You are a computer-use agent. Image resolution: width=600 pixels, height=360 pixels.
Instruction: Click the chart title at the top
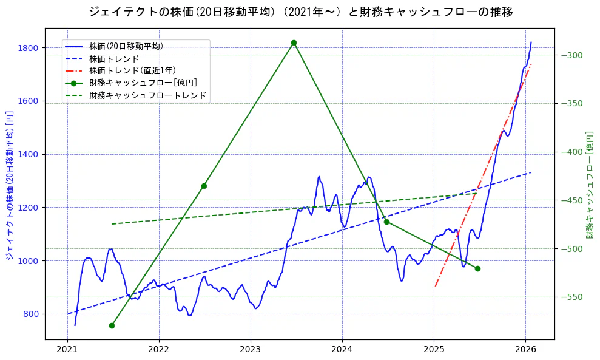click(300, 12)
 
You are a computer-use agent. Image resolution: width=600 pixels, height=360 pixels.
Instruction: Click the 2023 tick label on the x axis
click(251, 350)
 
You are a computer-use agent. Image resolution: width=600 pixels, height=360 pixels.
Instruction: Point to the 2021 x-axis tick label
click(67, 350)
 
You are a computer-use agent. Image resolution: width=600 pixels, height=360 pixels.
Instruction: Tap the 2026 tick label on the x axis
click(525, 350)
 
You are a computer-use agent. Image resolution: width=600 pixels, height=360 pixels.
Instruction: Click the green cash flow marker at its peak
click(294, 42)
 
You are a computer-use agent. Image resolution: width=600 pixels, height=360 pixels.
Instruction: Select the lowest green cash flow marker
click(112, 325)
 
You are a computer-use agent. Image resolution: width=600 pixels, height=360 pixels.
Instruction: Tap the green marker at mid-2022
click(204, 186)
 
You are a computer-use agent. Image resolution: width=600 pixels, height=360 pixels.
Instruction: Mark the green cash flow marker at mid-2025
click(477, 268)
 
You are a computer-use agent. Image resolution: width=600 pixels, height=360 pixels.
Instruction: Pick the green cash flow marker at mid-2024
click(386, 222)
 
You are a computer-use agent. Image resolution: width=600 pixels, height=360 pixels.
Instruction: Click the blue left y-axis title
click(10, 185)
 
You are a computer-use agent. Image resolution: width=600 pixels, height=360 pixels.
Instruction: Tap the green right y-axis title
click(590, 185)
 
